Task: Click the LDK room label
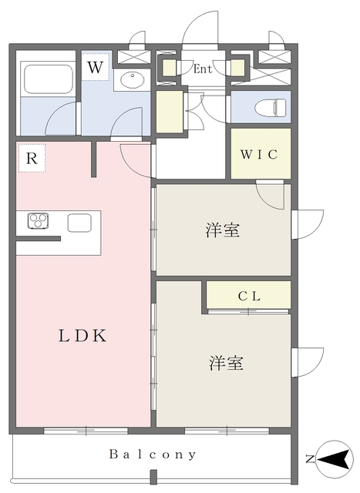(x=82, y=336)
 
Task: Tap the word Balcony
(x=153, y=454)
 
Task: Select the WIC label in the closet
(x=259, y=154)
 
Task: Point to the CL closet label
(x=249, y=296)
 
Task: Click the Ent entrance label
(x=203, y=69)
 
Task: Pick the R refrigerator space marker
(x=32, y=158)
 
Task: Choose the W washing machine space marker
(x=96, y=67)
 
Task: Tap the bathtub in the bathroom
(x=49, y=79)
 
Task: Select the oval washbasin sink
(x=133, y=80)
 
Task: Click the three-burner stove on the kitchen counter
(x=38, y=220)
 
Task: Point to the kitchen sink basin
(x=79, y=223)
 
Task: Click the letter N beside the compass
(x=310, y=460)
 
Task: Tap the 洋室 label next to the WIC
(x=223, y=230)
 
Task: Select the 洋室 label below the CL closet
(x=227, y=363)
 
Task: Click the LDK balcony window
(x=86, y=431)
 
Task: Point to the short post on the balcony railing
(x=153, y=476)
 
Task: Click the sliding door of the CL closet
(x=248, y=311)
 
